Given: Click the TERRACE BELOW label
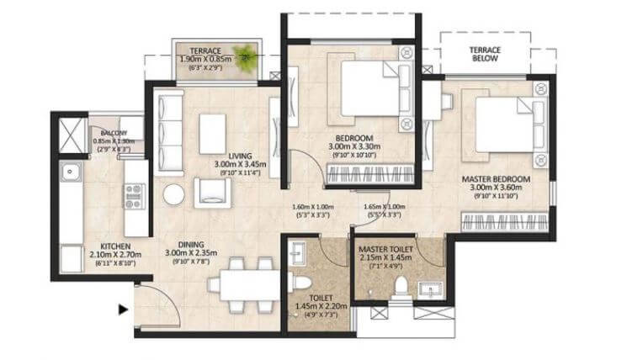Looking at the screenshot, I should (x=485, y=56).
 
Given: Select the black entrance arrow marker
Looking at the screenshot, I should (x=123, y=310).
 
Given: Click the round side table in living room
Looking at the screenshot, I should (x=174, y=193).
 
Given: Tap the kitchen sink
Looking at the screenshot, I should (x=69, y=174).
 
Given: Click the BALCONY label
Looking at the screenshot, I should (x=110, y=133).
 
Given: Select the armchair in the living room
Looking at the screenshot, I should (x=211, y=192).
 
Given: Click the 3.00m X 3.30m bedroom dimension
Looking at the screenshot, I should (x=353, y=147).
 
